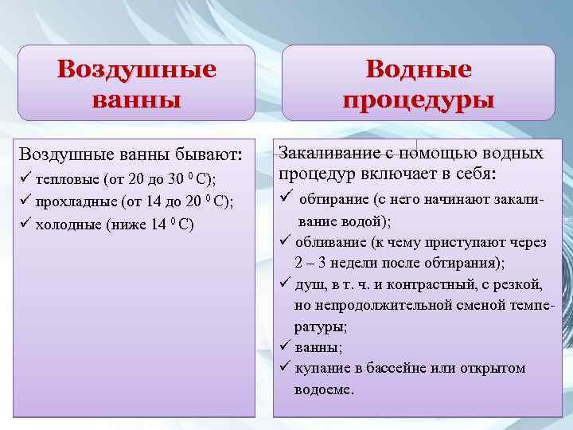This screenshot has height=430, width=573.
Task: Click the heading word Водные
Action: (x=418, y=69)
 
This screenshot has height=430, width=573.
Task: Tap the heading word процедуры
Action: (x=418, y=100)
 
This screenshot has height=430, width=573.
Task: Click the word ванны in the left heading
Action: (x=136, y=100)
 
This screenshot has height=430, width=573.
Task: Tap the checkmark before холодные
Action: (x=26, y=223)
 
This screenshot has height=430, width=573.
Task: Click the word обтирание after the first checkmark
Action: (x=333, y=201)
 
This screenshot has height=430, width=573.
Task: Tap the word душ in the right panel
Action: (x=306, y=284)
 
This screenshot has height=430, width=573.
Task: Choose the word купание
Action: (x=320, y=368)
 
